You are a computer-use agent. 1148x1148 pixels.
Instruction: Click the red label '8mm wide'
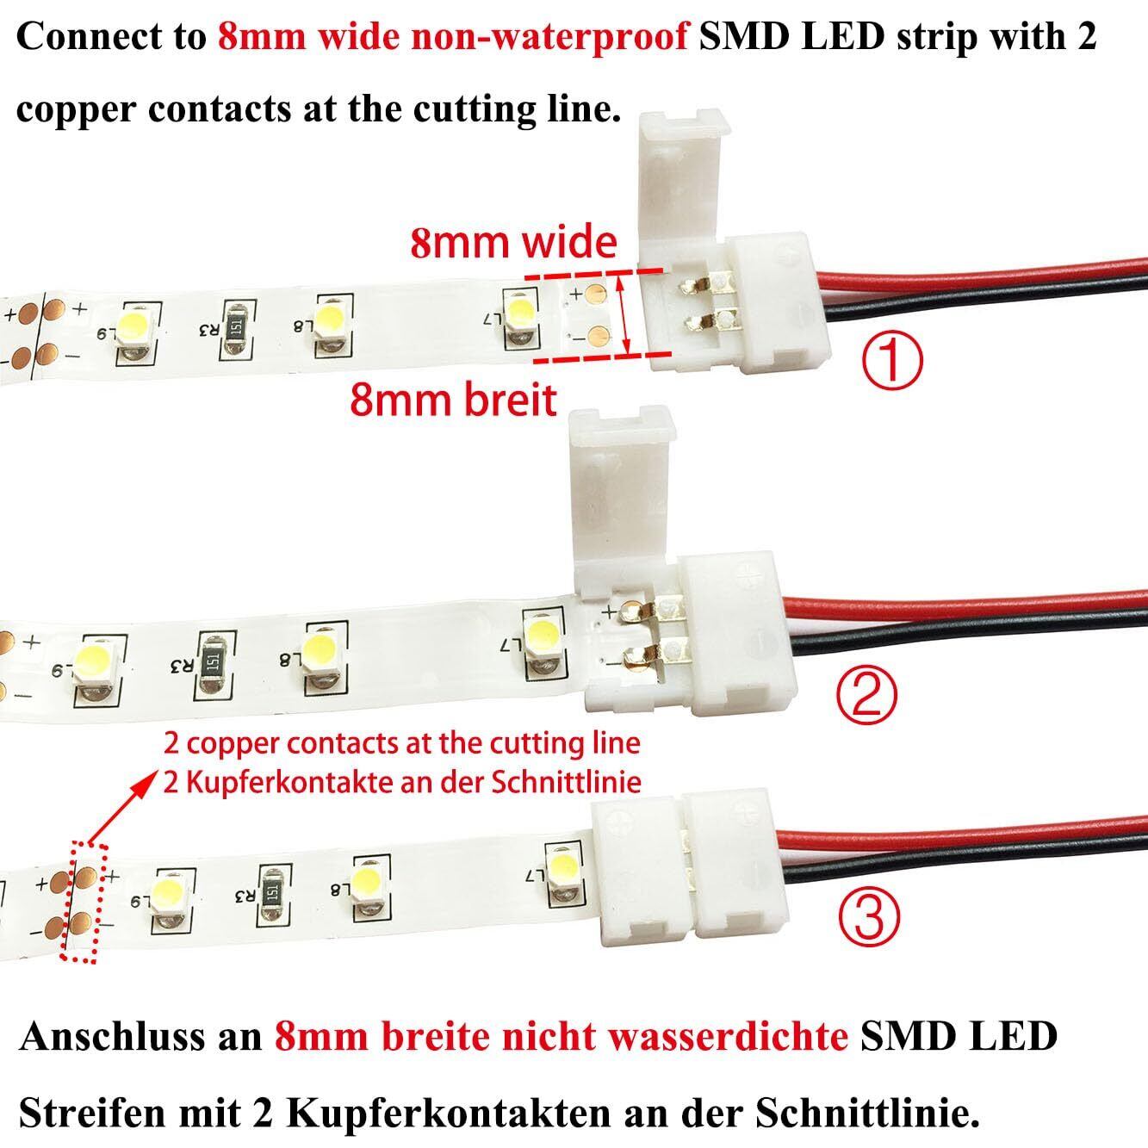[513, 243]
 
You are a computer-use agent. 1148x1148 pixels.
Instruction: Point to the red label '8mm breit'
[453, 400]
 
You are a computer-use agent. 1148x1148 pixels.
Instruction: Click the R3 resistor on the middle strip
[211, 661]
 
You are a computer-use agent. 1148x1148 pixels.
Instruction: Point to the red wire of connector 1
[990, 267]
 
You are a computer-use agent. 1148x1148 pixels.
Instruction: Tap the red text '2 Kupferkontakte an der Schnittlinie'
[403, 781]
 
